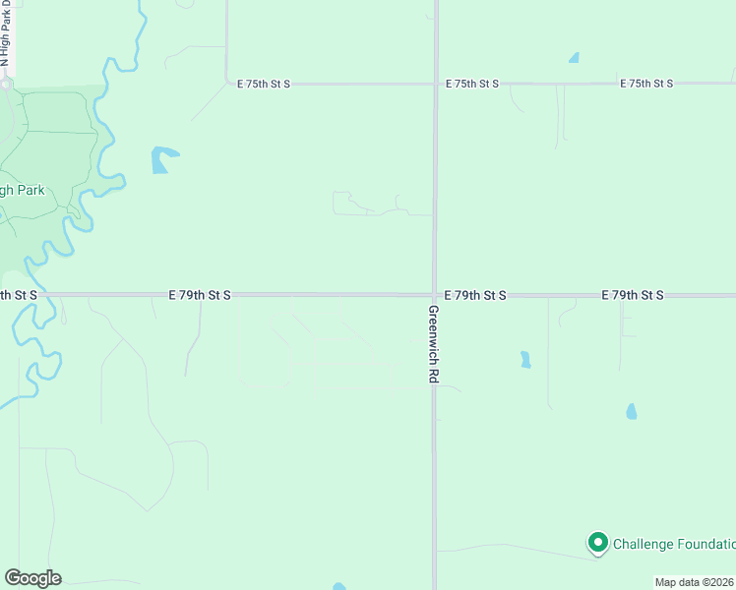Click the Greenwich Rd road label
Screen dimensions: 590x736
tap(434, 343)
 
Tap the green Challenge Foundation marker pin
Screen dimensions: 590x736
tap(597, 542)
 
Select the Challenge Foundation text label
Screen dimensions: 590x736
tap(674, 544)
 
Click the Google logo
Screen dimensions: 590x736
tap(32, 578)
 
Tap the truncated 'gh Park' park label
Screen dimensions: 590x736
tap(23, 190)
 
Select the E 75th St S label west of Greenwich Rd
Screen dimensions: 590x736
tap(264, 84)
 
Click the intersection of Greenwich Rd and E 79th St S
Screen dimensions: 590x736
tap(434, 294)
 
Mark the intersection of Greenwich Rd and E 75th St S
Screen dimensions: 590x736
tap(434, 84)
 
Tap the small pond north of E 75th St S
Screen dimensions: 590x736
tap(574, 58)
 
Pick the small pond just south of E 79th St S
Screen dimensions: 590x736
tap(525, 359)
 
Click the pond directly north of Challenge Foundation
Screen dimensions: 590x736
tap(631, 411)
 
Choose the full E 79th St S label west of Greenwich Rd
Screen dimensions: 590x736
tap(200, 294)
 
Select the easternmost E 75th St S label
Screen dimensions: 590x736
tap(646, 84)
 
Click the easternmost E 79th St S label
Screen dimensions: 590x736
tap(634, 295)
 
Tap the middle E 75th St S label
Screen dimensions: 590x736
tap(472, 84)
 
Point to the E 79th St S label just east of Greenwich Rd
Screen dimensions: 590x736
tap(475, 295)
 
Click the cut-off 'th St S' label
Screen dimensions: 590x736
tap(19, 294)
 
